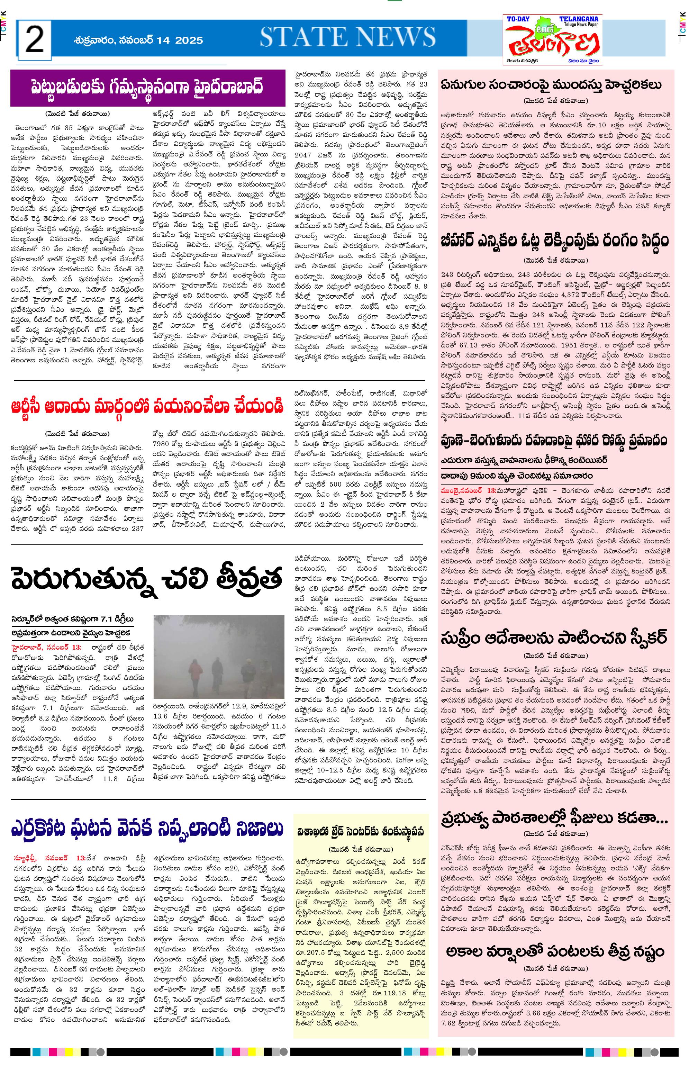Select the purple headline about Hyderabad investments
tap(148, 88)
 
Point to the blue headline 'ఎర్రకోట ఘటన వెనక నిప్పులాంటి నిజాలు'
tap(148, 829)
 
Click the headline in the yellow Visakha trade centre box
tap(361, 832)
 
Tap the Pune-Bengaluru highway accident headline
tap(555, 440)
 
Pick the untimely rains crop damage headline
tap(555, 951)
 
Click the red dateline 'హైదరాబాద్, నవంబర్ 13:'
tap(46, 647)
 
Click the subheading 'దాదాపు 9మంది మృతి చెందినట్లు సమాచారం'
tap(517, 476)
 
